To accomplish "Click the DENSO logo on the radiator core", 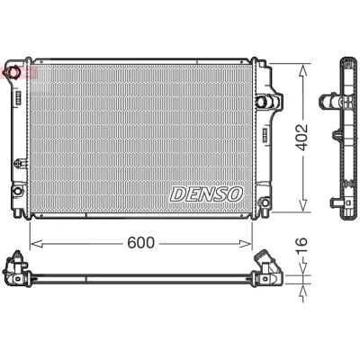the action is pos(206,194).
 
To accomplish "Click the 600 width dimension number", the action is pos(140,243).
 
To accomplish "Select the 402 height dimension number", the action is pos(301,137).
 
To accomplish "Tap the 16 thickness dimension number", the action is pos(301,246).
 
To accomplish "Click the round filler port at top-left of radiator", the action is pos(13,72).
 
